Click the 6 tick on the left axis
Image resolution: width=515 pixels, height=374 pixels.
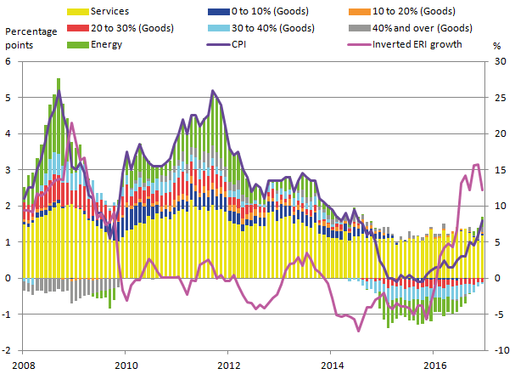8,62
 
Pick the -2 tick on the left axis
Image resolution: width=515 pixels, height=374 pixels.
7,350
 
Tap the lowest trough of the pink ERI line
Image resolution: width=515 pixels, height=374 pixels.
359,331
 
